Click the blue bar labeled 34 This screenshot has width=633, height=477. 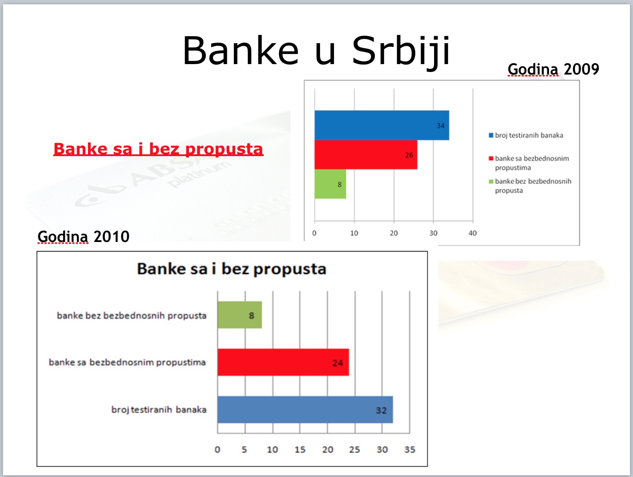pos(382,125)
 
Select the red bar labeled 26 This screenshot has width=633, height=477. pos(366,155)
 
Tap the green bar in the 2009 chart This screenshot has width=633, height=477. pos(330,184)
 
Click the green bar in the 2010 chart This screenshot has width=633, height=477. pos(239,315)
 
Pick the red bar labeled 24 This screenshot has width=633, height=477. pos(283,362)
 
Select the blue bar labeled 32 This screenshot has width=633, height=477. pos(305,410)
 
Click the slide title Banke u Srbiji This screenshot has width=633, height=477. pos(316,51)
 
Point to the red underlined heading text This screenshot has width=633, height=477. pos(158,149)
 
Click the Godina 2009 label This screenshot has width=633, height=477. pos(553,69)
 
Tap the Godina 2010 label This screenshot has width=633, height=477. pos(83,236)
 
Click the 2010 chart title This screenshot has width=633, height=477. pos(232,269)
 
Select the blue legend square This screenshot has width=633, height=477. pos(491,135)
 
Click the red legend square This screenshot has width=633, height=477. pos(491,158)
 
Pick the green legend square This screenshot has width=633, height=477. pos(491,181)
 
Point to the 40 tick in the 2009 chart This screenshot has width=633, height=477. pos(472,233)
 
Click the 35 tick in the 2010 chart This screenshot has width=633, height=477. pos(410,450)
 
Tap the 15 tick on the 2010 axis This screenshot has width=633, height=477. pos(300,450)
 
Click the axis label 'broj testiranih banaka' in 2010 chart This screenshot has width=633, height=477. pos(159,410)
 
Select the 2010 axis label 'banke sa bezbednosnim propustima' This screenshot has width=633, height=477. pos(127,362)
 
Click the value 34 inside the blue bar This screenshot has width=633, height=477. pos(441,126)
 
